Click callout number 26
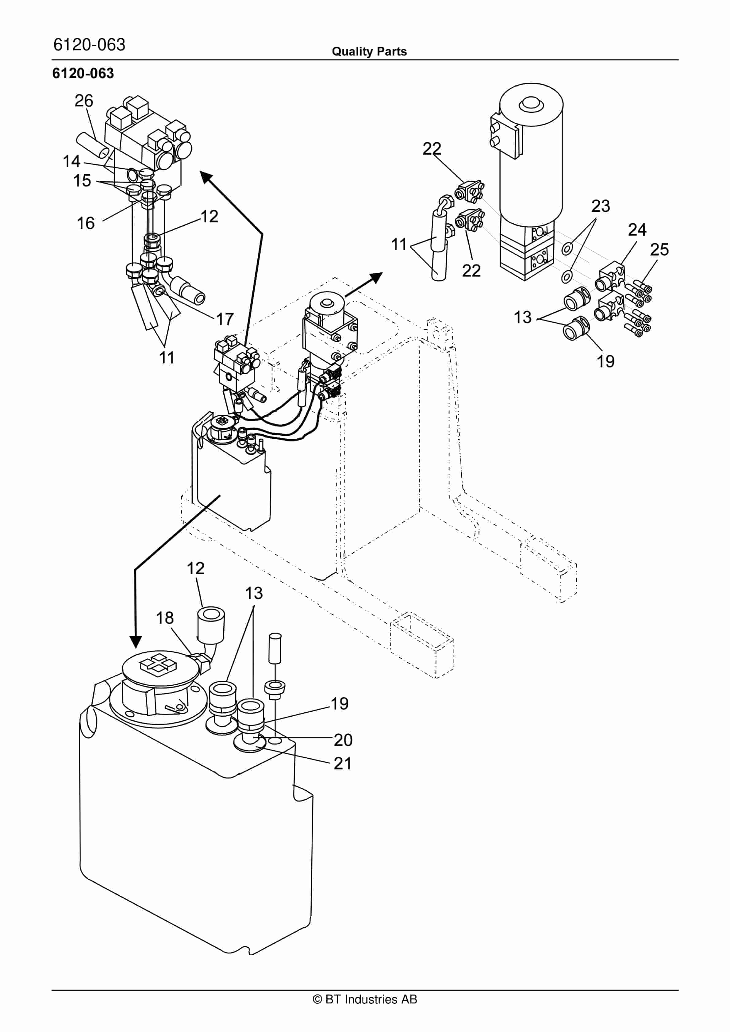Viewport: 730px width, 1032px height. (x=84, y=101)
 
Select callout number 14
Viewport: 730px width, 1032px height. (x=71, y=161)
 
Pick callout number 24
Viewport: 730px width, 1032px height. (x=637, y=230)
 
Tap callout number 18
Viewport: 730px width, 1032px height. (x=164, y=618)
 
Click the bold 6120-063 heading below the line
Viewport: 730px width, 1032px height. (x=83, y=73)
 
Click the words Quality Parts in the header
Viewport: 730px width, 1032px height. (x=369, y=52)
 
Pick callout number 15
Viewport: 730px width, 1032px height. (x=82, y=181)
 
